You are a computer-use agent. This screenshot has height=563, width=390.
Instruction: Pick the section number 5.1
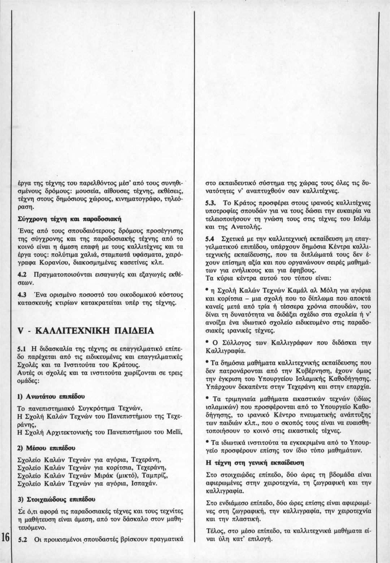[21, 349]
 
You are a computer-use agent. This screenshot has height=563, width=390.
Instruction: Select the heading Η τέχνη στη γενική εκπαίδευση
[255, 462]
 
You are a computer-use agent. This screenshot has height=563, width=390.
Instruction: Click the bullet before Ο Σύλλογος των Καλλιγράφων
[207, 341]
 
